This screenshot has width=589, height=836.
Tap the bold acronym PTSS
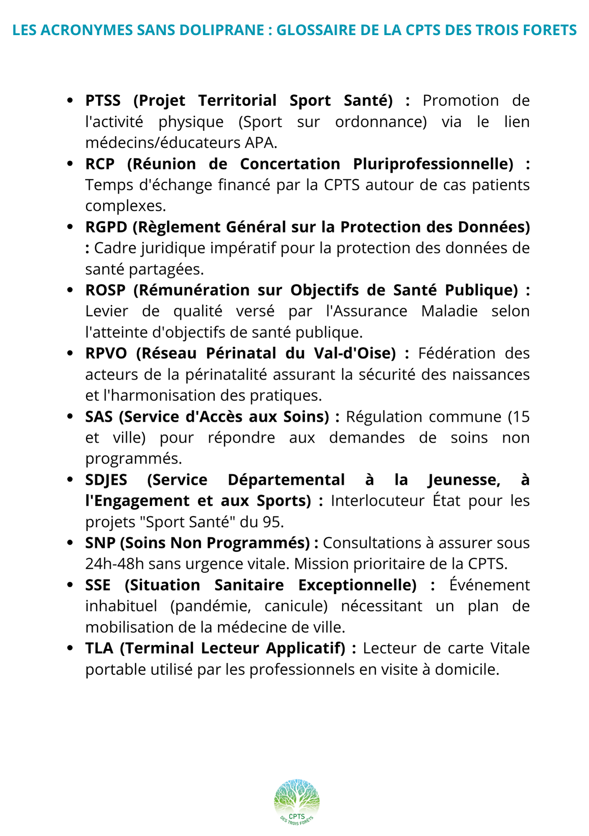[103, 101]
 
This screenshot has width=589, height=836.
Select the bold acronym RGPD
[106, 227]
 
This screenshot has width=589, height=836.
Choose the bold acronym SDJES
[106, 480]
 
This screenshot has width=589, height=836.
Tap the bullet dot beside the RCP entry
[70, 164]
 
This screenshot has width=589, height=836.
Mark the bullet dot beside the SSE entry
[70, 585]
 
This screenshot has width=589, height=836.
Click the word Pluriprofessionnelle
[433, 164]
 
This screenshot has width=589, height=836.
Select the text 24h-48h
[115, 564]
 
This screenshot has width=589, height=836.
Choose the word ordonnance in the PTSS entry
[381, 122]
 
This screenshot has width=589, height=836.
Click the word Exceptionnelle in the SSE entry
[357, 585]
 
